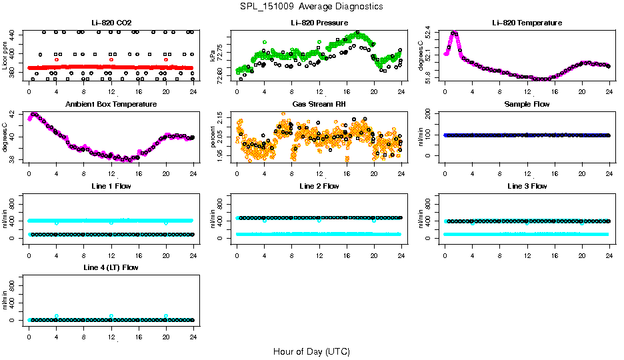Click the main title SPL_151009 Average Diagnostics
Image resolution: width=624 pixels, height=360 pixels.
pos(312,6)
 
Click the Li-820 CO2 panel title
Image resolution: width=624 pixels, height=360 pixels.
pos(111,23)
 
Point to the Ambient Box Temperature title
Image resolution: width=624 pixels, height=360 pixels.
pos(111,104)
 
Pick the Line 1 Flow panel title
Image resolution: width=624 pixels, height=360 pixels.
pos(111,186)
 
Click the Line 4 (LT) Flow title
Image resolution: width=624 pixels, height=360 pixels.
pos(111,267)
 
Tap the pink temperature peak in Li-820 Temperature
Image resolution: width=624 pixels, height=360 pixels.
pos(454,33)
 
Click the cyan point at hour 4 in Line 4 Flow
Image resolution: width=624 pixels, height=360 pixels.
pos(57,316)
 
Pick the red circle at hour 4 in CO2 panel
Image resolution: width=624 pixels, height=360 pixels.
pos(57,59)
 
